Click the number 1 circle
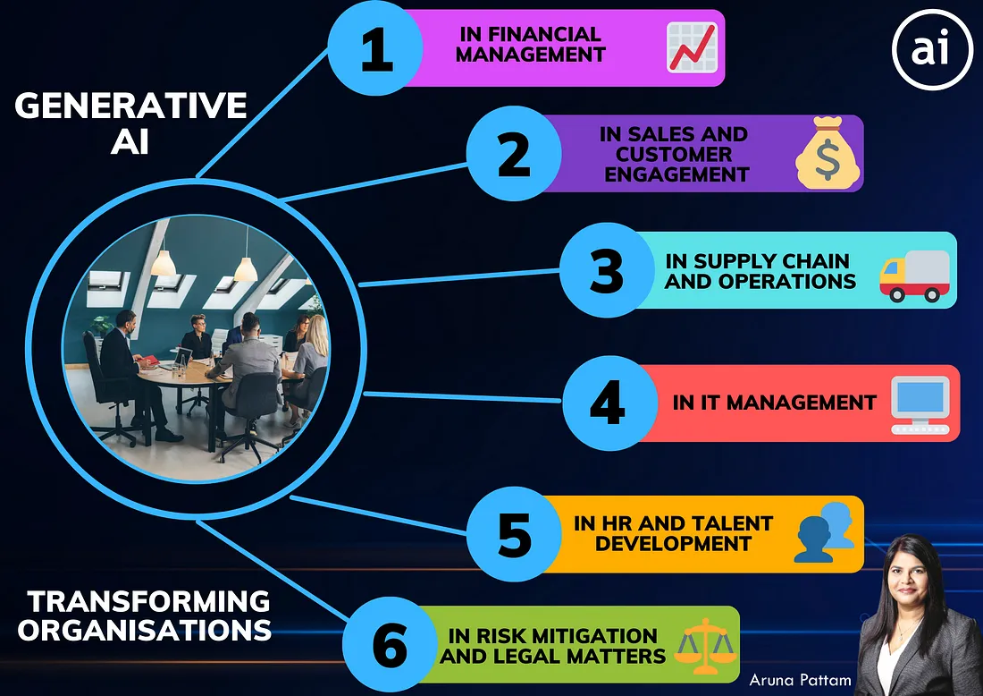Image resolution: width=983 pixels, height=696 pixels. [375, 48]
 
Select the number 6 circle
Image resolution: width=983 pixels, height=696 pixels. [390, 644]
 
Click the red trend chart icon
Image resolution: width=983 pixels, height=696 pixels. [692, 47]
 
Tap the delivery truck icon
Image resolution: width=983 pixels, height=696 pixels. [914, 276]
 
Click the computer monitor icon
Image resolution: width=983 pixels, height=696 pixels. [920, 404]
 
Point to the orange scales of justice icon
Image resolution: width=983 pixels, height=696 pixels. [705, 646]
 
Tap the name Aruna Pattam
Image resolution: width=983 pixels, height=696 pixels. [800, 680]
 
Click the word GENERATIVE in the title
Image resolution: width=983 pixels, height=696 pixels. [130, 106]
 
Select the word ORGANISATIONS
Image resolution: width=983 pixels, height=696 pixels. [144, 630]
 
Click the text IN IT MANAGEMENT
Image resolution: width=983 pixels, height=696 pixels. [774, 403]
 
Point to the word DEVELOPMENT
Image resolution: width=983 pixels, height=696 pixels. [673, 544]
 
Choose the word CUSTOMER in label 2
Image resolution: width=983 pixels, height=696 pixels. [674, 154]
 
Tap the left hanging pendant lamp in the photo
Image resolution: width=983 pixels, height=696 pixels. [163, 262]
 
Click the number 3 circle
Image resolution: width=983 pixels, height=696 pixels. [607, 270]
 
